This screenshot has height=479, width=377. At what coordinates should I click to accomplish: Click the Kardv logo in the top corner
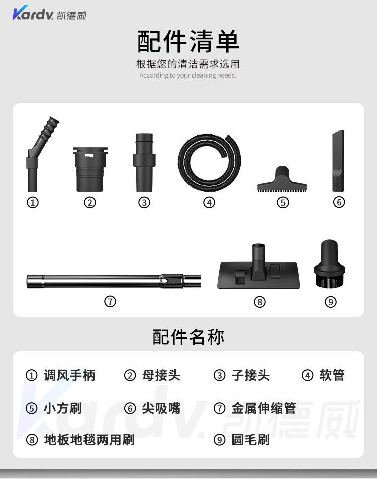pyautogui.click(x=49, y=13)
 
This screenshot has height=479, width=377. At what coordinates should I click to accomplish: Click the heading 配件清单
pyautogui.click(x=188, y=41)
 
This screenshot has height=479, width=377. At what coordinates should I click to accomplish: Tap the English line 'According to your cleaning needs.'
pyautogui.click(x=187, y=75)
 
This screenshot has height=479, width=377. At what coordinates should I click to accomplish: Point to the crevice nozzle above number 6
pyautogui.click(x=338, y=161)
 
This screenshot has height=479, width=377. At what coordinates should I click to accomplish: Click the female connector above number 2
pyautogui.click(x=90, y=170)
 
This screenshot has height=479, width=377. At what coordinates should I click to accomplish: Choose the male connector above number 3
pyautogui.click(x=144, y=163)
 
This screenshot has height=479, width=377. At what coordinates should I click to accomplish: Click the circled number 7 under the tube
pyautogui.click(x=110, y=301)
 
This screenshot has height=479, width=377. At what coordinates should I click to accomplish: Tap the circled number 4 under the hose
pyautogui.click(x=209, y=202)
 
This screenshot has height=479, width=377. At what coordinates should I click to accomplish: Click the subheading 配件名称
pyautogui.click(x=189, y=337)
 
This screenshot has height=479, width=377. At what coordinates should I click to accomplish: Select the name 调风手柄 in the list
pyautogui.click(x=69, y=375)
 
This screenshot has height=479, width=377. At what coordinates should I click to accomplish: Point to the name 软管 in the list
pyautogui.click(x=332, y=375)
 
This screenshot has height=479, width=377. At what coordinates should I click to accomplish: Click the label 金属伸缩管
pyautogui.click(x=264, y=408)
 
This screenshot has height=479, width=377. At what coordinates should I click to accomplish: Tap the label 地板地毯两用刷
pyautogui.click(x=89, y=440)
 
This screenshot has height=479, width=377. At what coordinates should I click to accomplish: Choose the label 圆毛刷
pyautogui.click(x=251, y=440)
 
